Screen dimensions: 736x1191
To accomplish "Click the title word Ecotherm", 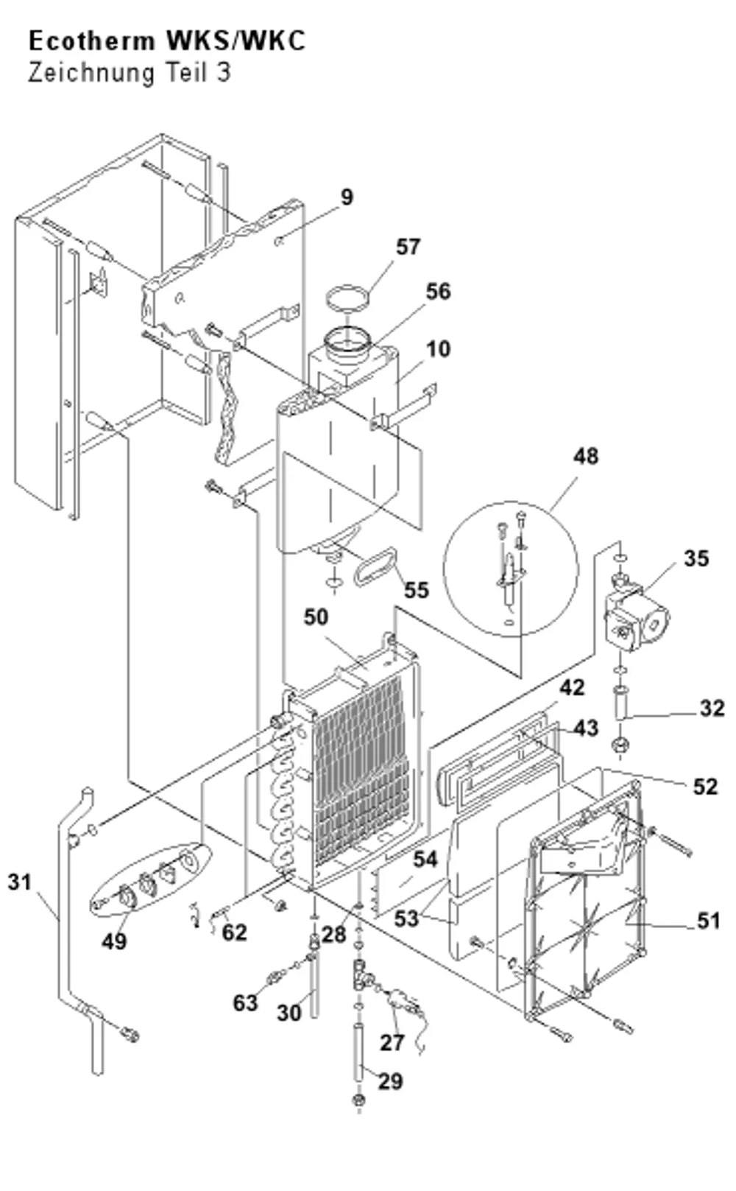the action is [x=91, y=41].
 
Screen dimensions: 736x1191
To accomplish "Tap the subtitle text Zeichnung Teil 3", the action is [x=129, y=73].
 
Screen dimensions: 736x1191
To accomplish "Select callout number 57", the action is [x=408, y=247].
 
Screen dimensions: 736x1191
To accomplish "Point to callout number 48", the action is [x=586, y=456].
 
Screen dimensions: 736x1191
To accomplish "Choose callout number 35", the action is [x=696, y=558].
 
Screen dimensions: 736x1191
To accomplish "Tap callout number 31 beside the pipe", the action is [x=20, y=882].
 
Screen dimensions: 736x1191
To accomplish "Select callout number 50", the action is [x=316, y=617].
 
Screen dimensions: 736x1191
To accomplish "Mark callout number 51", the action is [x=708, y=921].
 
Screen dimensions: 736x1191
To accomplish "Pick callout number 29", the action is [x=391, y=1081].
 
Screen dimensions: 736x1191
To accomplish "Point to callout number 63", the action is [x=246, y=1002].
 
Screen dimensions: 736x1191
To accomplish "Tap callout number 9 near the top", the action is [x=347, y=197].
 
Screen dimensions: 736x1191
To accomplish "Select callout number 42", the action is [x=572, y=687].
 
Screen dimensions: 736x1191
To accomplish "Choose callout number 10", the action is [x=439, y=349].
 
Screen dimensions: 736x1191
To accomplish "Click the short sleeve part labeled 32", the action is [x=620, y=703].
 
